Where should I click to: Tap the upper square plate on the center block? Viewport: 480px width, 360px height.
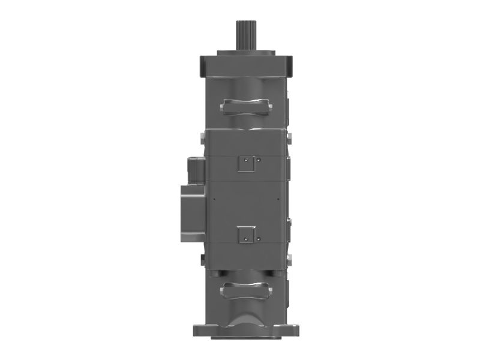[x=246, y=163]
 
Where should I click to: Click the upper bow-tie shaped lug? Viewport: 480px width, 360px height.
[x=246, y=106]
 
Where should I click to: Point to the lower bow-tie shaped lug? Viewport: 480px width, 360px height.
[x=246, y=292]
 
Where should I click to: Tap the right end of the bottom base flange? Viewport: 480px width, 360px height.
[x=293, y=330]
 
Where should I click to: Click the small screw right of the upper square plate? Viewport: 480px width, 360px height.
[x=259, y=160]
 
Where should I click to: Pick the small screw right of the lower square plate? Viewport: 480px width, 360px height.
[x=259, y=239]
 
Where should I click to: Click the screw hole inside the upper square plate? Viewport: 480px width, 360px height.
[x=246, y=160]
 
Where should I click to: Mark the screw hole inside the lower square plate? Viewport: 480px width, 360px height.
[x=246, y=239]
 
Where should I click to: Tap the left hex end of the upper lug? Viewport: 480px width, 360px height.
[x=222, y=108]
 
